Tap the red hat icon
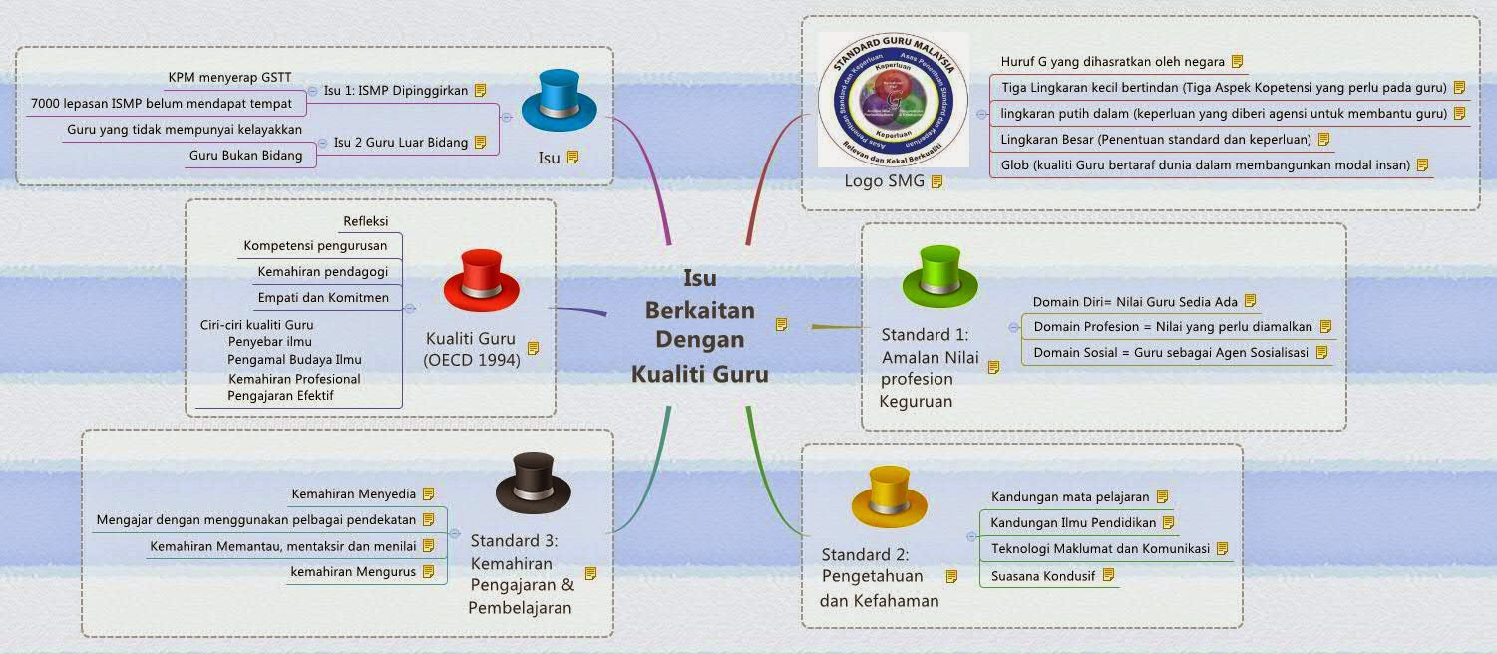pyautogui.click(x=481, y=280)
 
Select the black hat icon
pyautogui.click(x=533, y=483)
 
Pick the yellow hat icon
pyautogui.click(x=890, y=497)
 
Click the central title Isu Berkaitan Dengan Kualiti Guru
pyautogui.click(x=699, y=325)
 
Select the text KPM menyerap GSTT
pyautogui.click(x=229, y=77)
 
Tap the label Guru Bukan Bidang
pyautogui.click(x=245, y=155)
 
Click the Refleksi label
pyautogui.click(x=365, y=221)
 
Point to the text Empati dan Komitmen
pyautogui.click(x=323, y=297)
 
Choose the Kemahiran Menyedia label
pyautogui.click(x=353, y=493)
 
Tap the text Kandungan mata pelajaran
pyautogui.click(x=1070, y=496)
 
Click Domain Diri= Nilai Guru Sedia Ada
pyautogui.click(x=1135, y=301)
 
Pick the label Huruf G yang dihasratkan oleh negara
pyautogui.click(x=1112, y=62)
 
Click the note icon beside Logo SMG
pyautogui.click(x=936, y=182)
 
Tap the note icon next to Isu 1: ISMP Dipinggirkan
pyautogui.click(x=481, y=90)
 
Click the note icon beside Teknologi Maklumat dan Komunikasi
pyautogui.click(x=1222, y=548)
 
